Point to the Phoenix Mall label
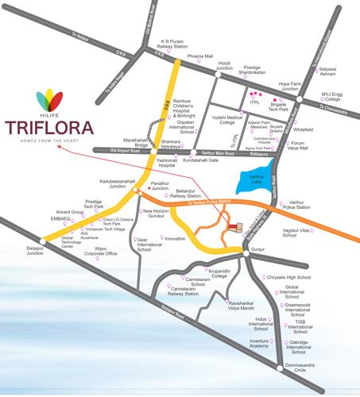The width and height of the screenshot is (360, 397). tap(201, 57)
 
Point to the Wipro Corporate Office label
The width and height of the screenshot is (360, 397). tap(101, 252)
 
